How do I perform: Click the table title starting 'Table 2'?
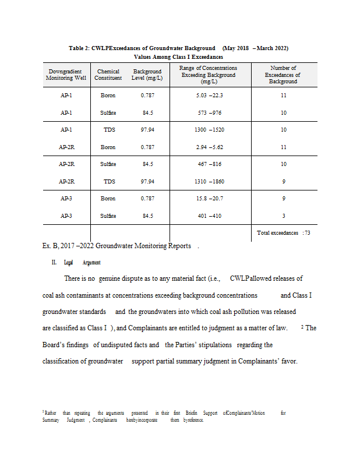click(x=178, y=48)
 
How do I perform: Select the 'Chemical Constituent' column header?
click(x=108, y=75)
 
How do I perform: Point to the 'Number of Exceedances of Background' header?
click(x=283, y=75)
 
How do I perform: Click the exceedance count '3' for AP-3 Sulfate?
click(x=283, y=216)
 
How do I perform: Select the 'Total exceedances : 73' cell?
click(x=283, y=233)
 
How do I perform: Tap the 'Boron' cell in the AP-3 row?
click(x=108, y=199)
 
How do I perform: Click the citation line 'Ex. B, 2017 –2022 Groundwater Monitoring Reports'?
click(x=117, y=246)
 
